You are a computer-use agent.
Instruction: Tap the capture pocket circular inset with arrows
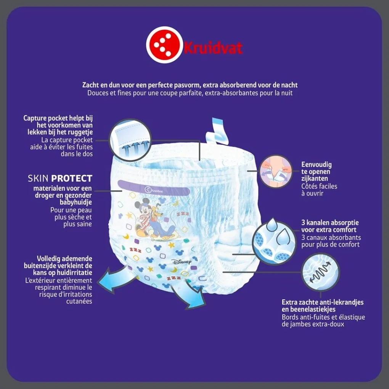click(130, 140)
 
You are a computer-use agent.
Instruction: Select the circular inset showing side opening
click(276, 172)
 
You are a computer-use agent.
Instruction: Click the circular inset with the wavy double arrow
click(320, 272)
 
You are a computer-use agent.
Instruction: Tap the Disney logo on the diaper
click(182, 262)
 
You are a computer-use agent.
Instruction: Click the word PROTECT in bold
click(71, 178)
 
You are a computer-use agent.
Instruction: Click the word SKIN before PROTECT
click(38, 178)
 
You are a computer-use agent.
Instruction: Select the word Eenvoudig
click(316, 165)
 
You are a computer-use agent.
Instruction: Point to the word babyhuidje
click(76, 202)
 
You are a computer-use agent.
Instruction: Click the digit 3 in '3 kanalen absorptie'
click(303, 223)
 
